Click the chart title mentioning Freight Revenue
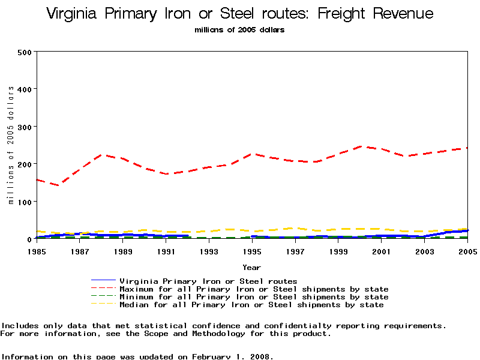click(x=239, y=14)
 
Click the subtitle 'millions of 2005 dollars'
click(x=239, y=29)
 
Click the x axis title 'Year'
click(x=251, y=267)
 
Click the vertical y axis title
click(x=11, y=145)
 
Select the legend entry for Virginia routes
click(x=208, y=281)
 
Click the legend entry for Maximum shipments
click(x=254, y=289)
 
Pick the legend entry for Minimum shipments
click(x=254, y=297)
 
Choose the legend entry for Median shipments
click(x=251, y=305)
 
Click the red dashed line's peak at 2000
click(x=359, y=146)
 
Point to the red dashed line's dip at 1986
click(x=58, y=185)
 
